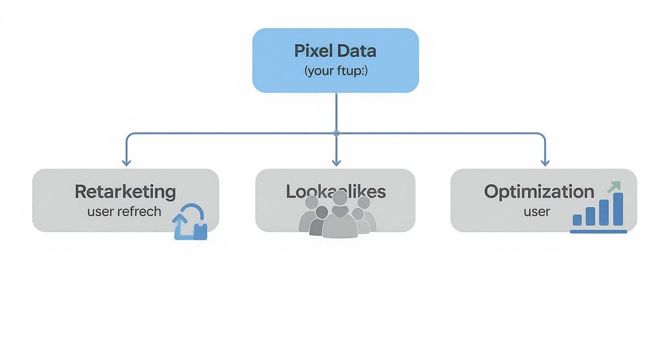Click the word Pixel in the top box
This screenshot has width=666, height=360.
[x=313, y=51]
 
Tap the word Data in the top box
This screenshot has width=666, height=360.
[x=356, y=51]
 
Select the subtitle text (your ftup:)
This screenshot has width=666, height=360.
[x=335, y=71]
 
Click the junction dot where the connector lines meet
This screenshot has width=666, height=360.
[x=336, y=133]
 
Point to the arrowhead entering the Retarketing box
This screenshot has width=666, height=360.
[x=126, y=162]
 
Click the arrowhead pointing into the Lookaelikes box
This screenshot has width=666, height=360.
[x=336, y=162]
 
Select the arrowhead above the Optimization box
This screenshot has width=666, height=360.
[x=545, y=162]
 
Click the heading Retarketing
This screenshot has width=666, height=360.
[x=125, y=191]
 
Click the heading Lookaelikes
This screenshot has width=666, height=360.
[x=335, y=191]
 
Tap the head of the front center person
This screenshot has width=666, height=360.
[x=340, y=198]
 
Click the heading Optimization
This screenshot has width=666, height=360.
[x=539, y=191]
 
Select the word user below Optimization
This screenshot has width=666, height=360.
[x=537, y=211]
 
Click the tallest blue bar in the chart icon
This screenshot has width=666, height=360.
[x=618, y=209]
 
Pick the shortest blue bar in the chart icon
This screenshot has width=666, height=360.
[x=577, y=220]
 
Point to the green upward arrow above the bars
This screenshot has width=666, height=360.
[x=614, y=187]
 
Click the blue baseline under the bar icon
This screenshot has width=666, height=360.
[x=598, y=232]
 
